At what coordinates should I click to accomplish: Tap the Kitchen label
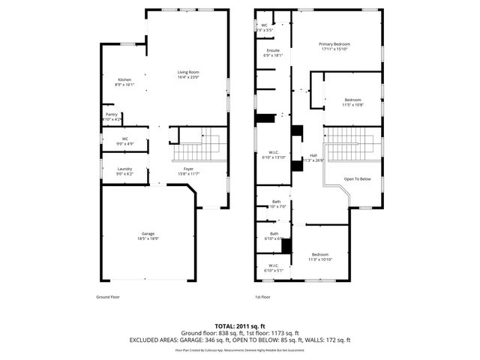tap(124, 80)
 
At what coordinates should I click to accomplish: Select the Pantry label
tap(111, 115)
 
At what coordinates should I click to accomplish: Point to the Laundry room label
tap(124, 169)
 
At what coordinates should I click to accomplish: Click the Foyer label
tap(190, 169)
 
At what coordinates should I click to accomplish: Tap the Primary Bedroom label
tap(334, 44)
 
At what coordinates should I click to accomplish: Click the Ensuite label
tap(272, 50)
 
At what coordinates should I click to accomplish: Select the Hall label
tap(313, 156)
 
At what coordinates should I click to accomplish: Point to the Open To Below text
tap(357, 179)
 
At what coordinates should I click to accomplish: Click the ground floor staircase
tap(207, 145)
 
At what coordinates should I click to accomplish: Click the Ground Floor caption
tap(108, 296)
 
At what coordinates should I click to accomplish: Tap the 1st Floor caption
tap(262, 296)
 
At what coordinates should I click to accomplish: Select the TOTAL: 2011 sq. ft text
tap(240, 326)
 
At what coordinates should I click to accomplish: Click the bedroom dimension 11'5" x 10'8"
tap(352, 105)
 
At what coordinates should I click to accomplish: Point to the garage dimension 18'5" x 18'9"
tap(148, 238)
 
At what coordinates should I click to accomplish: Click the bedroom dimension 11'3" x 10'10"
tap(320, 259)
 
